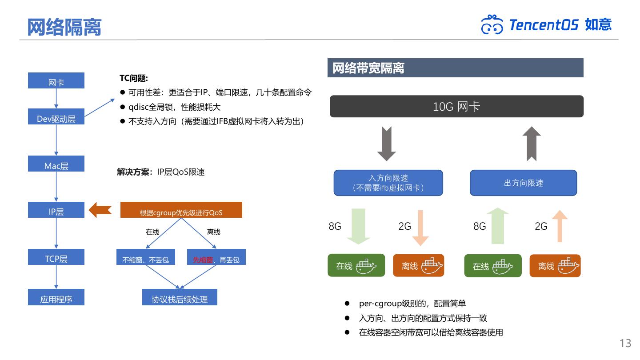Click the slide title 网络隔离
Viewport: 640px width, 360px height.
click(64, 27)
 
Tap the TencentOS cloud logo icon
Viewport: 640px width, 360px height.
click(492, 25)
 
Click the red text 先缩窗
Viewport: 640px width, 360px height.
click(203, 260)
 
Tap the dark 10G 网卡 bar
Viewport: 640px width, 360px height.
click(456, 106)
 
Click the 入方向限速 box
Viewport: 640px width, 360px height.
click(388, 183)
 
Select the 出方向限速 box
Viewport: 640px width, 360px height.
click(523, 183)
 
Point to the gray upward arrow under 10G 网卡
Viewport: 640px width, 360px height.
click(532, 144)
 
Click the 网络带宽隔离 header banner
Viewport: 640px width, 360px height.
click(455, 68)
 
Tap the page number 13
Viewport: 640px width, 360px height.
click(625, 343)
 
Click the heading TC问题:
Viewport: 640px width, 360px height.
click(133, 78)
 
